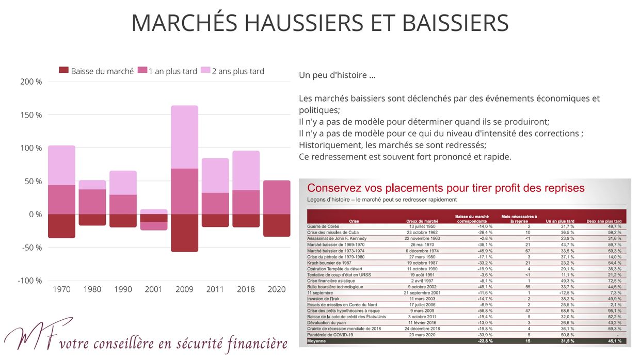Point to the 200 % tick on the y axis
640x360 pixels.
[31, 81]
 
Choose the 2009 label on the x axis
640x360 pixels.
[184, 289]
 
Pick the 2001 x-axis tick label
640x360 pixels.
[154, 289]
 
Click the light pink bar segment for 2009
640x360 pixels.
[184, 137]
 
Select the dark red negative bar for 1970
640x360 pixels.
[61, 226]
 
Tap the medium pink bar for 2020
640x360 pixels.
[277, 197]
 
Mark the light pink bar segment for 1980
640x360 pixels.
[92, 185]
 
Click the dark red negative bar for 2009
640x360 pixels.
[184, 233]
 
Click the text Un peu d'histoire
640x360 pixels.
[337, 75]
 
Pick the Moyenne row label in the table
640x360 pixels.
[317, 341]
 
